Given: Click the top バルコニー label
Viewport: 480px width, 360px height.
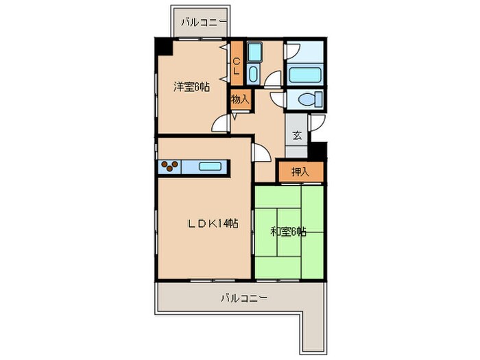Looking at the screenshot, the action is (x=203, y=23).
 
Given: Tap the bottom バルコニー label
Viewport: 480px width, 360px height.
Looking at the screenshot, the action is (x=244, y=298).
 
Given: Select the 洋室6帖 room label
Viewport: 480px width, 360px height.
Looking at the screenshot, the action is (x=191, y=87).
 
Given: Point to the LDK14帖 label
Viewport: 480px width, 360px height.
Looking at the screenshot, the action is (x=213, y=224).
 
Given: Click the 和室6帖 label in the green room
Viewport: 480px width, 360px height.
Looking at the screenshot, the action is (x=288, y=232).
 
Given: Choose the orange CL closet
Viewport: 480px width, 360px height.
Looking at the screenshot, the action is (x=237, y=63).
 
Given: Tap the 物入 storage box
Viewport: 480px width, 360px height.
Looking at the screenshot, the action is (x=241, y=99).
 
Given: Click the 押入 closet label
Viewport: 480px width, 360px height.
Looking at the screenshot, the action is (x=300, y=172).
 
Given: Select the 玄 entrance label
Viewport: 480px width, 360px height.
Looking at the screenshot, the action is (x=296, y=135).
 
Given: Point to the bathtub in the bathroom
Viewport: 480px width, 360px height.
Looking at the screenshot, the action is (x=304, y=74).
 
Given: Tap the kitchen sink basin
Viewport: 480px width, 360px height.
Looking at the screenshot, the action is (x=210, y=167).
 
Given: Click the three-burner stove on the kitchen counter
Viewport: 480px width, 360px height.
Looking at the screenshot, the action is (x=169, y=166).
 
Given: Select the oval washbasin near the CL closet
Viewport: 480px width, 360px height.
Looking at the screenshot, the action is (x=253, y=73).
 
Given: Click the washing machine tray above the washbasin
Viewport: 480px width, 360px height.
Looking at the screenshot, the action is (x=254, y=51).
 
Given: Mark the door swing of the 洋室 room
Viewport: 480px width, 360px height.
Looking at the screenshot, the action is (x=221, y=123).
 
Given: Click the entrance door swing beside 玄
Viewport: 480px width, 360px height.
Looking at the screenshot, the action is (x=317, y=123).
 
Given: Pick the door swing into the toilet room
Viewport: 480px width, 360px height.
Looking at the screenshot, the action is (x=278, y=99).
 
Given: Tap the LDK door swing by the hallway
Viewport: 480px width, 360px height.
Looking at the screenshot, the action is (x=261, y=152).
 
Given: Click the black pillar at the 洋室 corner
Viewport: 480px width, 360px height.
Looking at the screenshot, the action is (x=163, y=47).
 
